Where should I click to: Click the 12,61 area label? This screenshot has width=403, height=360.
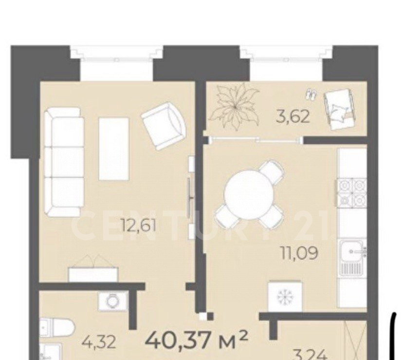click(139, 227)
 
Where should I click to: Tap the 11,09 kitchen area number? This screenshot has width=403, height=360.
click(299, 253)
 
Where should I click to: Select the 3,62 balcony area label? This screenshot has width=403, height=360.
click(293, 117)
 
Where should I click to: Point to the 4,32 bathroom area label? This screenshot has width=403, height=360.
click(98, 343)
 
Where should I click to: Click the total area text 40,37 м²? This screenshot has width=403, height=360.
click(197, 339)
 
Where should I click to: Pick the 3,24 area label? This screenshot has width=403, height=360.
click(310, 355)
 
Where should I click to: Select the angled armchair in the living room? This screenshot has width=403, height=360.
click(164, 126)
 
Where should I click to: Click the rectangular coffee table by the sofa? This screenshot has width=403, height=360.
click(114, 149)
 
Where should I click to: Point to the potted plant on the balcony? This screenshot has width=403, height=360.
click(233, 106)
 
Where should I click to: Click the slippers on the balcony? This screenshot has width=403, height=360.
click(311, 95)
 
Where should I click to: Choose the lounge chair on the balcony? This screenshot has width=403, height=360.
click(340, 110)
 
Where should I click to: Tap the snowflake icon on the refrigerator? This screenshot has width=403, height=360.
click(285, 297)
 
